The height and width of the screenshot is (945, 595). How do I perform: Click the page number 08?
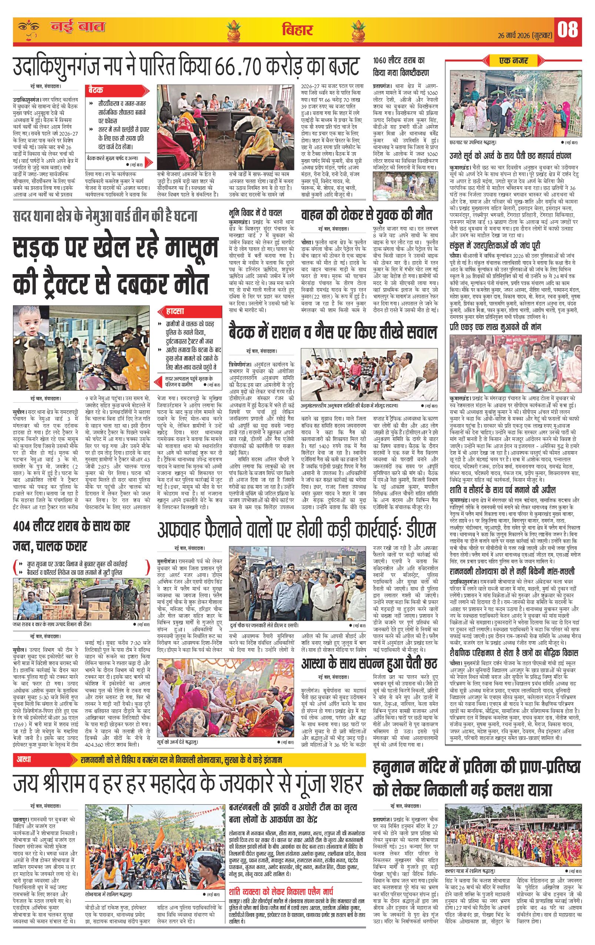tap(568, 30)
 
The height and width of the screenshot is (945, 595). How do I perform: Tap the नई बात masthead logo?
tap(77, 27)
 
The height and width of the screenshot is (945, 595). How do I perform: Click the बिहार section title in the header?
tap(297, 30)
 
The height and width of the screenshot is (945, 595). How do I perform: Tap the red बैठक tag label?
tap(96, 90)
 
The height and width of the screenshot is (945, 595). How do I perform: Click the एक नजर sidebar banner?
tap(513, 61)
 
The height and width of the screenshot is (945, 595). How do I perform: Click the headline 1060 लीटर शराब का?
tap(399, 61)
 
